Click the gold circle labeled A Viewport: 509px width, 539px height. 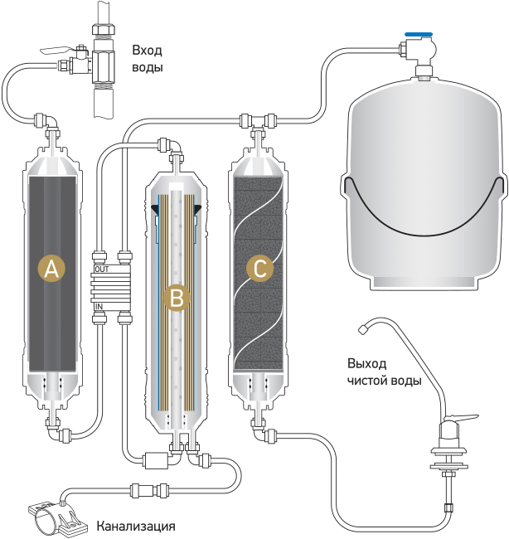51,268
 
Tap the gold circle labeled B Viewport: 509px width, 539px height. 177,298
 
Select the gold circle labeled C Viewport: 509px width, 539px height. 259,268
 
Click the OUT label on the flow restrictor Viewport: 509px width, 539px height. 102,269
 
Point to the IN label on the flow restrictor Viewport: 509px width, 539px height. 99,306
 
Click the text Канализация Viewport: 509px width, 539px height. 136,527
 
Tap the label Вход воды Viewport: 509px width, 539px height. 148,59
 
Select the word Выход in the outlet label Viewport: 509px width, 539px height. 367,363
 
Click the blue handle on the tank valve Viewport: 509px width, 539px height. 419,35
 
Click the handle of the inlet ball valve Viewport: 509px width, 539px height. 55,51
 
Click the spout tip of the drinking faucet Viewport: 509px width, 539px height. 362,329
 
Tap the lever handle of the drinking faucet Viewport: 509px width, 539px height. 463,418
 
